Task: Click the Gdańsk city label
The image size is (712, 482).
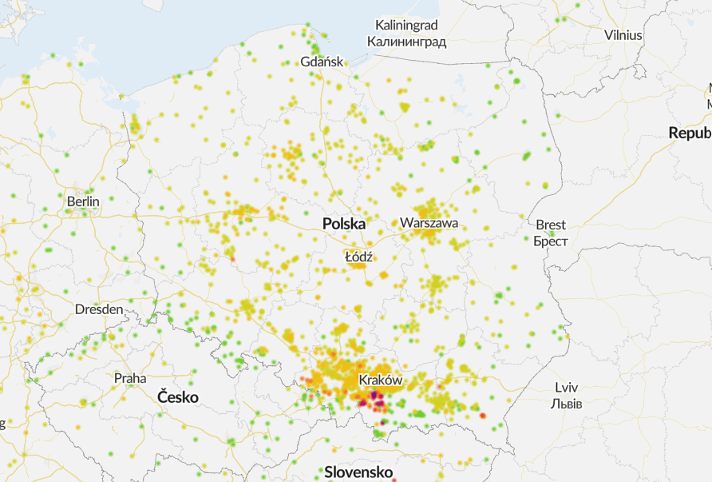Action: [x=322, y=62]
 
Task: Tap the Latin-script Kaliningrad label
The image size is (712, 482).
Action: [x=406, y=26]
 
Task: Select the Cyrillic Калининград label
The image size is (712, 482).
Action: [x=406, y=42]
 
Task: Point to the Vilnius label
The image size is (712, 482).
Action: [x=623, y=34]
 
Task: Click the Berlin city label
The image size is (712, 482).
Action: [x=83, y=201]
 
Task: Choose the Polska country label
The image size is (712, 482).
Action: [x=344, y=225]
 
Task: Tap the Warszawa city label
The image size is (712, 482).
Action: [x=429, y=223]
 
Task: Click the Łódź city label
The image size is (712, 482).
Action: [x=359, y=257]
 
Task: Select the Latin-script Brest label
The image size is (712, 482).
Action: [x=551, y=225]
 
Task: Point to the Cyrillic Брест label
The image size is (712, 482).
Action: [x=551, y=241]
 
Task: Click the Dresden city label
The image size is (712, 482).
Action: [x=99, y=309]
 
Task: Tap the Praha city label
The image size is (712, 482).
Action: [x=130, y=377]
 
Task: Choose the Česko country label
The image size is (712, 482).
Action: [x=177, y=396]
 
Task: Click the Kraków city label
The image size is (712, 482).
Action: [x=380, y=380]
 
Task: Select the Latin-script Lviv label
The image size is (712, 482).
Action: [x=566, y=388]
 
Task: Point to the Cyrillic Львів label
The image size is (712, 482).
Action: [x=566, y=404]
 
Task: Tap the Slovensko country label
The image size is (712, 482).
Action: [x=358, y=472]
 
